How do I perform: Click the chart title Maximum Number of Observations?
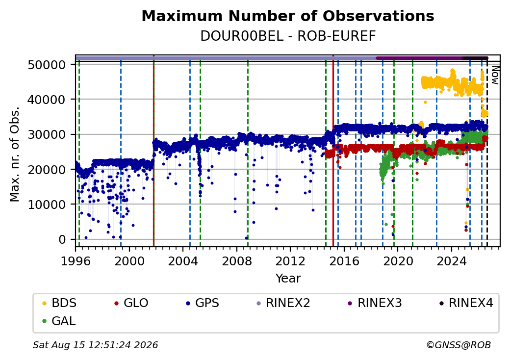[x=288, y=16]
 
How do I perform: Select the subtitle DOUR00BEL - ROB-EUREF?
[x=288, y=36]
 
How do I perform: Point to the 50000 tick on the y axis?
[x=47, y=65]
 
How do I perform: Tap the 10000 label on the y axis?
[x=47, y=205]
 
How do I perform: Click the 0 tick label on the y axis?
[x=62, y=239]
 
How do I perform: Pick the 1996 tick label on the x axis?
[x=76, y=261]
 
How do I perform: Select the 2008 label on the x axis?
[x=237, y=261]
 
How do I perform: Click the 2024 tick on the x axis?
[x=452, y=261]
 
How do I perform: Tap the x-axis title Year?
[x=288, y=279]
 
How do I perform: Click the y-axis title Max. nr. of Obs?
[x=15, y=154]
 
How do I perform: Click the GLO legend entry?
[x=131, y=303]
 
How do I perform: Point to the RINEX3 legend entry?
[x=375, y=303]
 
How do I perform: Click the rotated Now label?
[x=495, y=75]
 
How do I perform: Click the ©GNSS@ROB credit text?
[x=459, y=345]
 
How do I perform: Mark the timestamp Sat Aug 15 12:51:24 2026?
[x=95, y=345]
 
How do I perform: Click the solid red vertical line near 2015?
[x=333, y=151]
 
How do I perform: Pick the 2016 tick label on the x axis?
[x=344, y=261]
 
